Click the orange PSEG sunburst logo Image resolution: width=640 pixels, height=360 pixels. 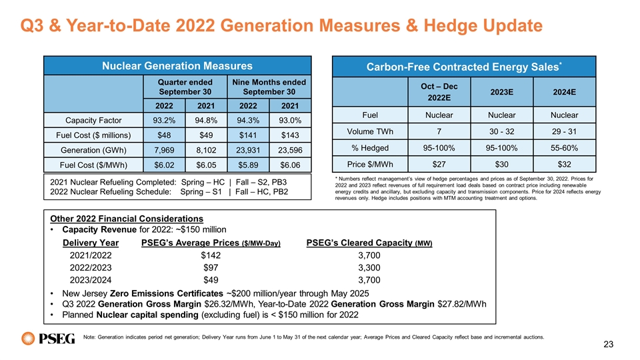[x=28, y=339]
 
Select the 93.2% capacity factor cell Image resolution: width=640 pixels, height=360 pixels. [x=164, y=121]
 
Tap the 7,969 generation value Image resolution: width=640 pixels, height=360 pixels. [x=164, y=150]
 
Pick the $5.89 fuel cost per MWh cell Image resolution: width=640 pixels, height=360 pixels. [x=248, y=165]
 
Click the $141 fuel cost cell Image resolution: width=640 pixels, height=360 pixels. [x=248, y=135]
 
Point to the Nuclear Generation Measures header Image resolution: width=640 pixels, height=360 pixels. [x=177, y=66]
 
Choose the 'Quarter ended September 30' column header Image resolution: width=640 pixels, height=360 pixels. [x=185, y=87]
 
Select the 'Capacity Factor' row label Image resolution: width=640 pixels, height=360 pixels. [x=93, y=121]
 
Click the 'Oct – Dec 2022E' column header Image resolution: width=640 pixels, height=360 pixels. [x=439, y=92]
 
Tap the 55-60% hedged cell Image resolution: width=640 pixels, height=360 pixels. [x=565, y=148]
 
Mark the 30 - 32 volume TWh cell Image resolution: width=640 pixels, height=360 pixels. [x=501, y=131]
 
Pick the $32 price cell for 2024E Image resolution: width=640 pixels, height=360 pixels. [x=565, y=164]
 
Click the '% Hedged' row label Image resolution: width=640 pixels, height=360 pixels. [x=370, y=148]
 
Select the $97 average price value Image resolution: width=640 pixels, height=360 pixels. [x=211, y=268]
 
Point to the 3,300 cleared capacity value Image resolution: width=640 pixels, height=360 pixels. [x=369, y=268]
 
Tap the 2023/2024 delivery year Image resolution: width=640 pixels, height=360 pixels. [x=91, y=280]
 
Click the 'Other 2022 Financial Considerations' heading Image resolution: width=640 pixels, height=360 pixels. [x=127, y=219]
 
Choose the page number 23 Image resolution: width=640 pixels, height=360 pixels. [x=608, y=345]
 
